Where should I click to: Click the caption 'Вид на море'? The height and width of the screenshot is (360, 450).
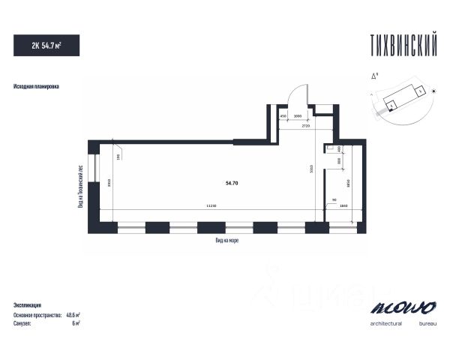pos(227,240)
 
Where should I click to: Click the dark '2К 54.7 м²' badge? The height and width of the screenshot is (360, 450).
pos(46,44)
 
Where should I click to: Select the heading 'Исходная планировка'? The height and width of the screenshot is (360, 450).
pos(36,87)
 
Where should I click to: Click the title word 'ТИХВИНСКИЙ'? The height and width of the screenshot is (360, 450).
pos(403,44)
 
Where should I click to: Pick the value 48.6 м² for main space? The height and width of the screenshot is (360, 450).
pos(73,315)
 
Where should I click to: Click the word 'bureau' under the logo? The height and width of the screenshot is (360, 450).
pos(427,323)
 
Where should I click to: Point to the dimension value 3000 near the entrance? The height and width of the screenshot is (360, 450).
pos(298,117)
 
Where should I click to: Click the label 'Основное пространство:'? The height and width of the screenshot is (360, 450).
pos(37,315)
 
